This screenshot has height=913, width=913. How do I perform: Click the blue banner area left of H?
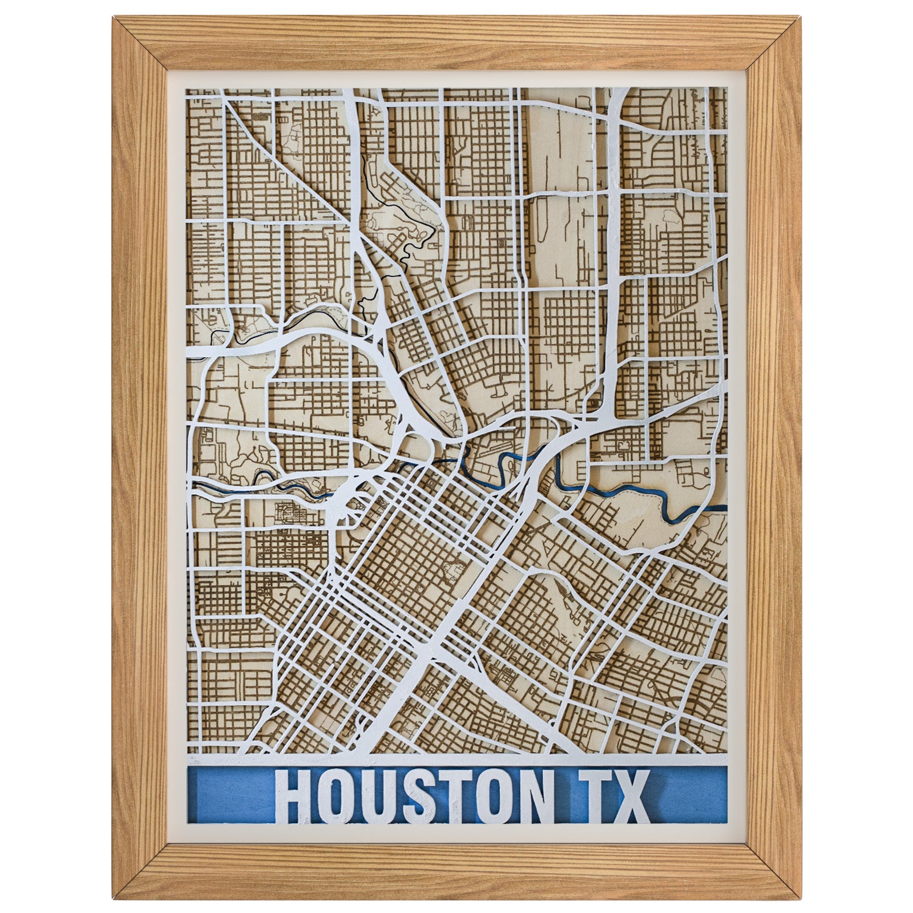click(x=228, y=796)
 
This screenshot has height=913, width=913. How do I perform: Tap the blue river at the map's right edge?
click(x=720, y=507)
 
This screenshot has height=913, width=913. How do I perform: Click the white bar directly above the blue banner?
click(x=457, y=761)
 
